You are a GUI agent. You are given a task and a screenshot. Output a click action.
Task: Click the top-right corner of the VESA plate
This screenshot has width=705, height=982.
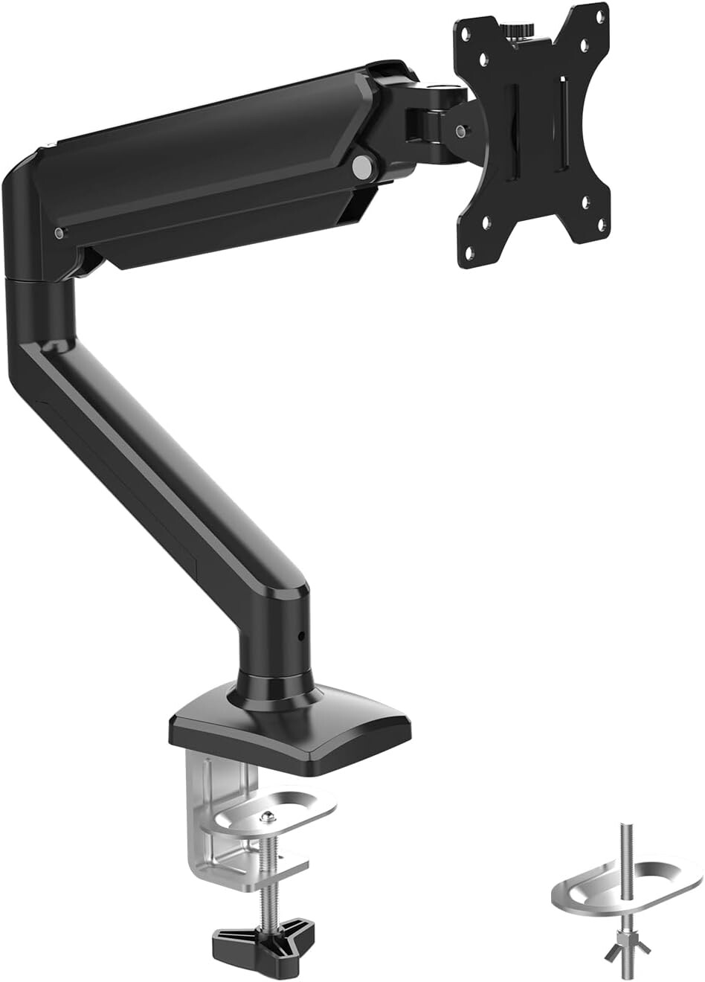[602, 12]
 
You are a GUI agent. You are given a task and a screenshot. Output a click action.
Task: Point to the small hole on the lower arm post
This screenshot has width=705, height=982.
[301, 636]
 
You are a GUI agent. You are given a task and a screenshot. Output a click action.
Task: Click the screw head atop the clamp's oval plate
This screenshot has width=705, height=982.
[265, 817]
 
